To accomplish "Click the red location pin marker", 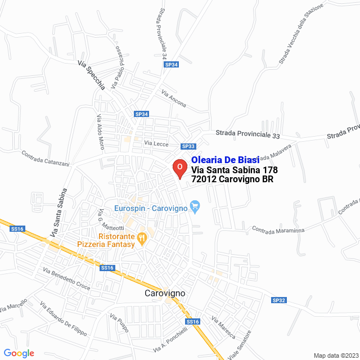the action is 179,168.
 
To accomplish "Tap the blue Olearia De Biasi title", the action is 226,160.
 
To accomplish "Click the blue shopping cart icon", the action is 195,207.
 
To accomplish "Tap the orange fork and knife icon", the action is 142,238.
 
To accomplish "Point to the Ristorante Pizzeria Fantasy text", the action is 106,240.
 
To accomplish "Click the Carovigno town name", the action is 165,294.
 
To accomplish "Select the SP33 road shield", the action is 188,146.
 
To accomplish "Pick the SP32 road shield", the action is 279,300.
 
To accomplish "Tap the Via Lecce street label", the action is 156,143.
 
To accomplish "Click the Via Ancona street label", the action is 173,100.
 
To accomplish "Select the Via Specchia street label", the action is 92,76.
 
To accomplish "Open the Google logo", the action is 19,353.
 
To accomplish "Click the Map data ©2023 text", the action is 336,355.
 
